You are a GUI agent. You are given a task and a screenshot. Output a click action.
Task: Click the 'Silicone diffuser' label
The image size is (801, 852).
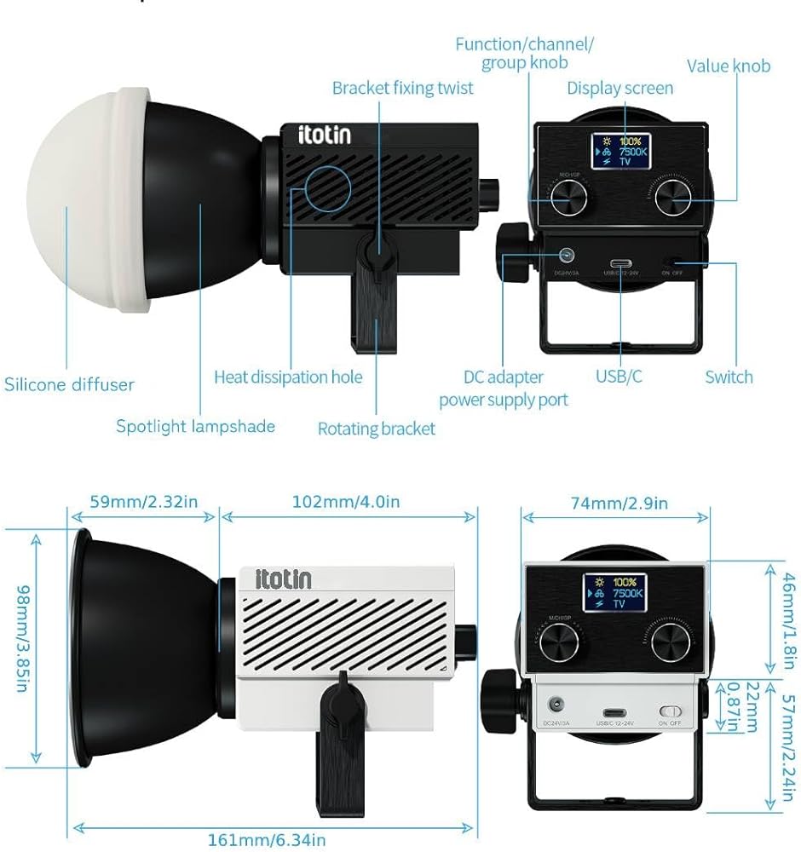(x=69, y=384)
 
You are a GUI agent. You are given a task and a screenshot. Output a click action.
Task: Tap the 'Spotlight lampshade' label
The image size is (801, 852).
(x=195, y=426)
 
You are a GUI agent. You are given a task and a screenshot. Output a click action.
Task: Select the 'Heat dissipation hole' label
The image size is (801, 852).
(x=288, y=377)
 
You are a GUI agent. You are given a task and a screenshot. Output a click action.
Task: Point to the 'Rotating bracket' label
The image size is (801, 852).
(x=376, y=428)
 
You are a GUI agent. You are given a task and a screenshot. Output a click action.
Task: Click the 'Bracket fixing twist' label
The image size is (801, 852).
(x=402, y=88)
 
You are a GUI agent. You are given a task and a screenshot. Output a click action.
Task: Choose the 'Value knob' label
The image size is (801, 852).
(x=728, y=66)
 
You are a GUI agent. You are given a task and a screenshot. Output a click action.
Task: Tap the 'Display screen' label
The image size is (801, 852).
(x=619, y=88)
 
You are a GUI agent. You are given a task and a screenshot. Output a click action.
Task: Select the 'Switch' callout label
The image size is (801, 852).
(x=729, y=377)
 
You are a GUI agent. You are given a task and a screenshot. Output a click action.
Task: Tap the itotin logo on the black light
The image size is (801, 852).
(x=324, y=135)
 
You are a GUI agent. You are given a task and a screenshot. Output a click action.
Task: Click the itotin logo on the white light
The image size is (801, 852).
(x=284, y=579)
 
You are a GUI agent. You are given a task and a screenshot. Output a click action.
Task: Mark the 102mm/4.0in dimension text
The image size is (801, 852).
(x=346, y=501)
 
